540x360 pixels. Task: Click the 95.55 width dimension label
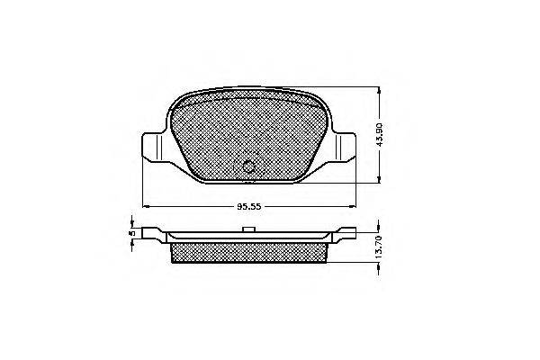click(x=249, y=207)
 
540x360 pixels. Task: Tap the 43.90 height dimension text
click(x=380, y=134)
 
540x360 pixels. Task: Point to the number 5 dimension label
click(x=131, y=233)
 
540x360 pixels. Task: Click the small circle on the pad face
click(x=248, y=166)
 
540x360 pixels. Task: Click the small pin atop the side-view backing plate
click(x=248, y=229)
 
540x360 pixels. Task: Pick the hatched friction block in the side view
click(x=248, y=253)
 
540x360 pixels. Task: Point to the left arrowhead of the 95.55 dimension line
click(x=146, y=207)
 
